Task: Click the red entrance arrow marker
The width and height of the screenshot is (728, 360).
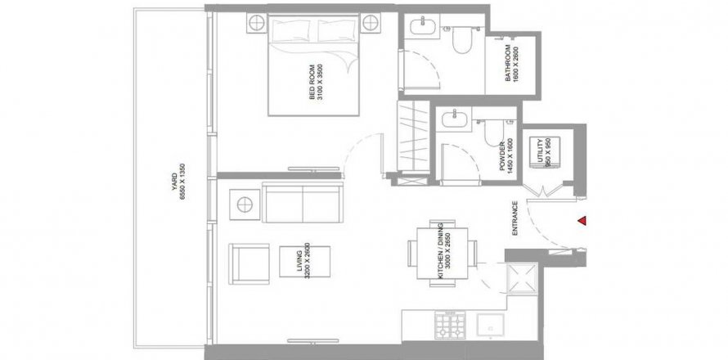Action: point(582,221)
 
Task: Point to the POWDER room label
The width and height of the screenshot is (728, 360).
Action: point(503,156)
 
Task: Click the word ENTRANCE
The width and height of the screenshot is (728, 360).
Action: point(515,218)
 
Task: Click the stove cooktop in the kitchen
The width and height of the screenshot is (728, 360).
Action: point(450,325)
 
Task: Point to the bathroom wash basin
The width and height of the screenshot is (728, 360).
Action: point(424,25)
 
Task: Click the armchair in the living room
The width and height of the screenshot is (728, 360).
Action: point(249,263)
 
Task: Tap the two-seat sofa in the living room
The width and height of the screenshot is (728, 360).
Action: point(303,202)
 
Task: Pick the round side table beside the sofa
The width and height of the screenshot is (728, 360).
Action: point(245,205)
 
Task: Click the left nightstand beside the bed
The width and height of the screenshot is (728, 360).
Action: point(257,23)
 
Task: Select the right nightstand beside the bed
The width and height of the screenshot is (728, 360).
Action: point(371,23)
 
